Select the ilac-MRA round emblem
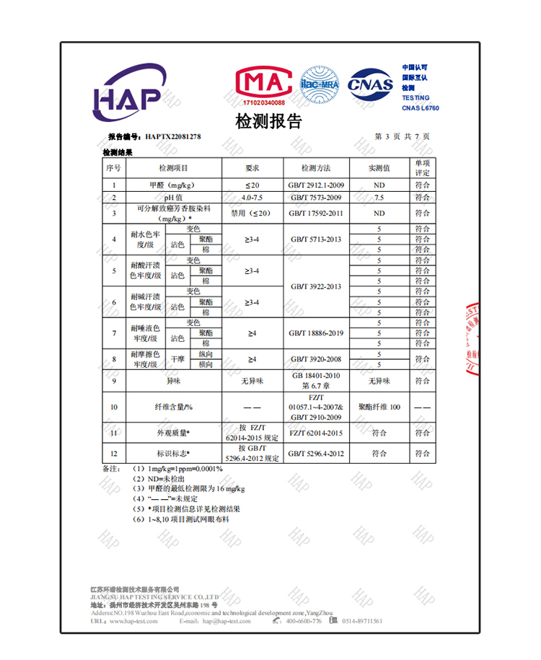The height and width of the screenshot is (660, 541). pos(319,85)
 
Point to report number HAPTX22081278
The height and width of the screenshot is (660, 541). pos(172,136)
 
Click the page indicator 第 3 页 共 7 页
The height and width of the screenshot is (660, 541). pos(403,136)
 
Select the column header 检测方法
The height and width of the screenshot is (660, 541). pos(316,168)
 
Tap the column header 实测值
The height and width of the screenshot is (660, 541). pos(379,168)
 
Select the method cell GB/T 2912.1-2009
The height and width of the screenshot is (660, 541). pos(316,186)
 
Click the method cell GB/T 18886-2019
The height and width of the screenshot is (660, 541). pos(316,333)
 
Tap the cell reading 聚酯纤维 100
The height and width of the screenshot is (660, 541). pos(379,407)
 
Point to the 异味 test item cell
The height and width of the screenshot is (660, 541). pos(173,381)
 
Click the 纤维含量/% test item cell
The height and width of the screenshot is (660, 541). pos(173,407)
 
